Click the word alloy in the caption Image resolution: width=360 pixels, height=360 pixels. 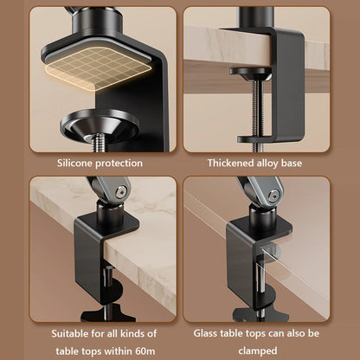click(x=278, y=163)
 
